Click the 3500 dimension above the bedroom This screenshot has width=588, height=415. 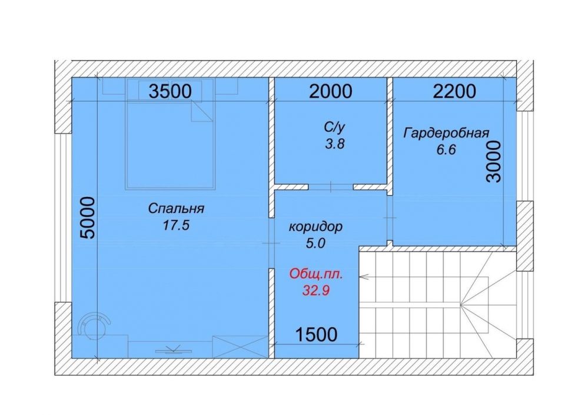[170, 91]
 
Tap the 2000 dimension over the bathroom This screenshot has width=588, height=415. [331, 91]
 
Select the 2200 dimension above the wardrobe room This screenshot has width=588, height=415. [454, 91]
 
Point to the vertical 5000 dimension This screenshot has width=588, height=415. [88, 218]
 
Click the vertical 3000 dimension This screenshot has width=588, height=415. [493, 162]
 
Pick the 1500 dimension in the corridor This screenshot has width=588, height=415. [317, 334]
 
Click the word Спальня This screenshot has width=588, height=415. [176, 208]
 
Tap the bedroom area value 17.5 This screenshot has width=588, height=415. [176, 226]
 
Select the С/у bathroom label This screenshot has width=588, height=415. [334, 128]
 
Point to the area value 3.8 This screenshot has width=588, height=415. [334, 144]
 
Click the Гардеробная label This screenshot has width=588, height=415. [446, 133]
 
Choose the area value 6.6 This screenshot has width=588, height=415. [446, 150]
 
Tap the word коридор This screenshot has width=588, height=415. [315, 227]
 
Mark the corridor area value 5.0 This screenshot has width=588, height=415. [315, 244]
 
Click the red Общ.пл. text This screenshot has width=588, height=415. [316, 274]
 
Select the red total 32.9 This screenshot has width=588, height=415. [316, 290]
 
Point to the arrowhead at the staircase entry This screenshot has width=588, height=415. [364, 277]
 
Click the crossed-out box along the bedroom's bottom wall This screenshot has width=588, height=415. [240, 347]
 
